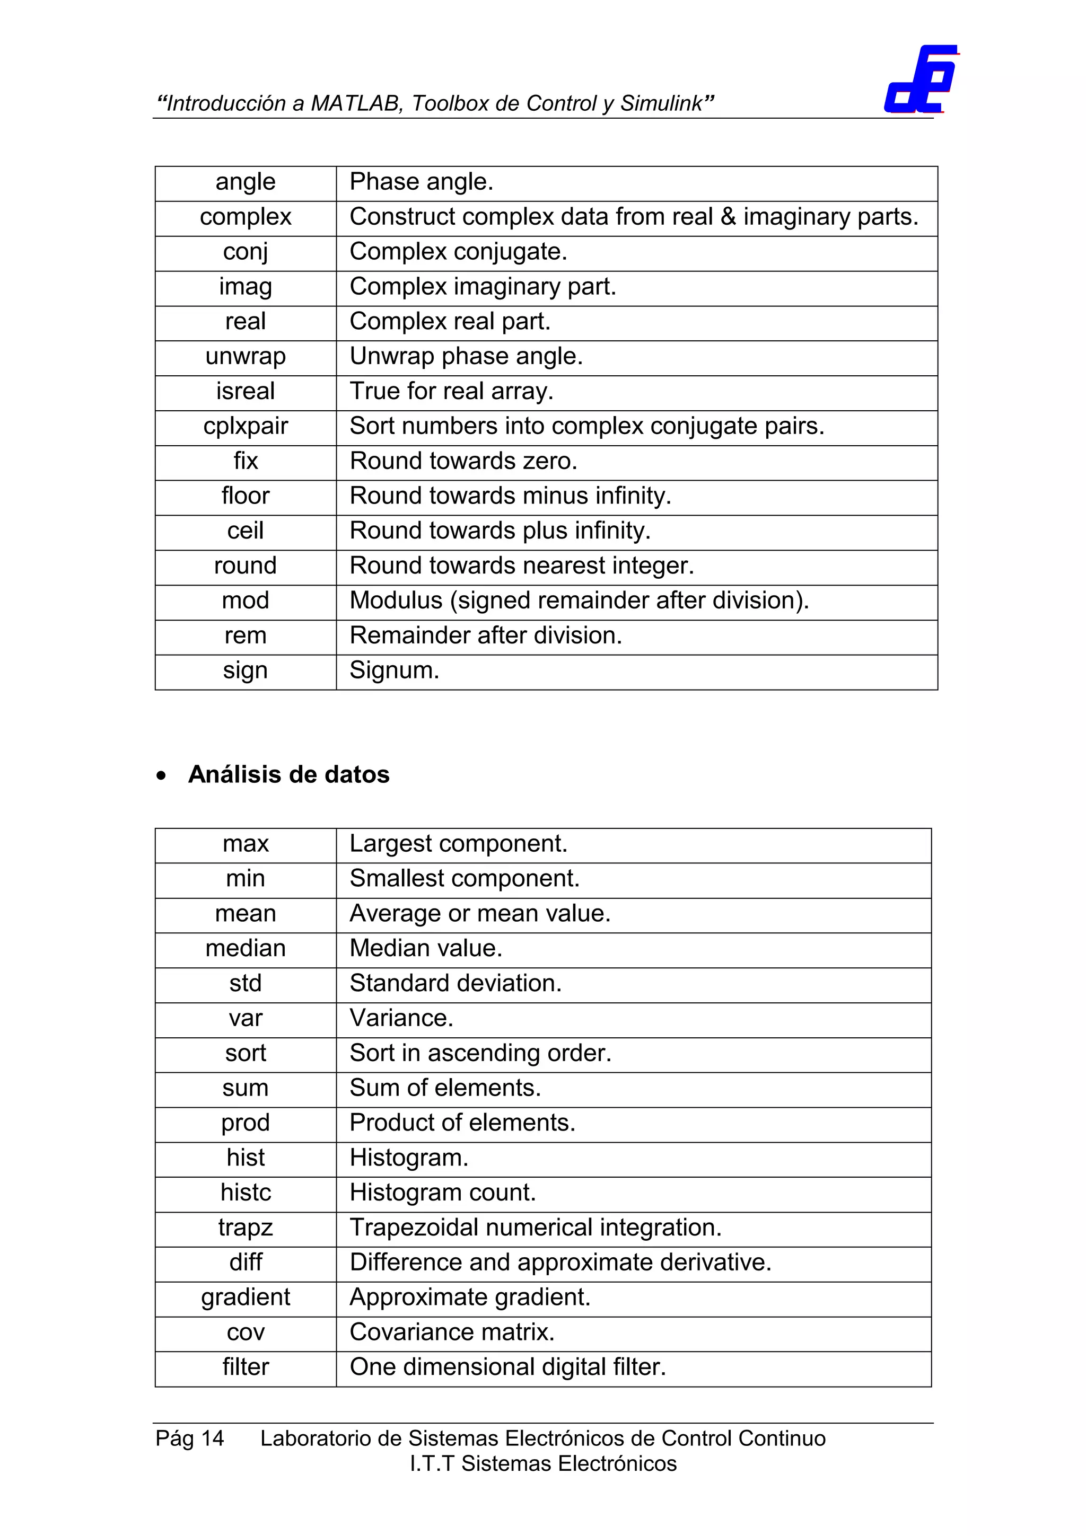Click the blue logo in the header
point(920,80)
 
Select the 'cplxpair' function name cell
point(246,426)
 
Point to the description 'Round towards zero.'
point(463,461)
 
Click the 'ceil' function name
point(246,531)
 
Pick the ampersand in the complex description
point(728,217)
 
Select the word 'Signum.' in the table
point(394,670)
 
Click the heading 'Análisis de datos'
point(288,775)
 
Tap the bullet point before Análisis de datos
point(161,776)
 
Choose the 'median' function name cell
point(246,949)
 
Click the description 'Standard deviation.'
point(455,983)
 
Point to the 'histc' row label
point(246,1193)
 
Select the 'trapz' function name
point(246,1228)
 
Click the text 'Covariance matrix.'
point(452,1332)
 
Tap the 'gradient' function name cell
point(246,1297)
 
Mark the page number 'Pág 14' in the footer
point(189,1438)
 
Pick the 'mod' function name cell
point(246,601)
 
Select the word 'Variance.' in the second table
point(401,1018)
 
